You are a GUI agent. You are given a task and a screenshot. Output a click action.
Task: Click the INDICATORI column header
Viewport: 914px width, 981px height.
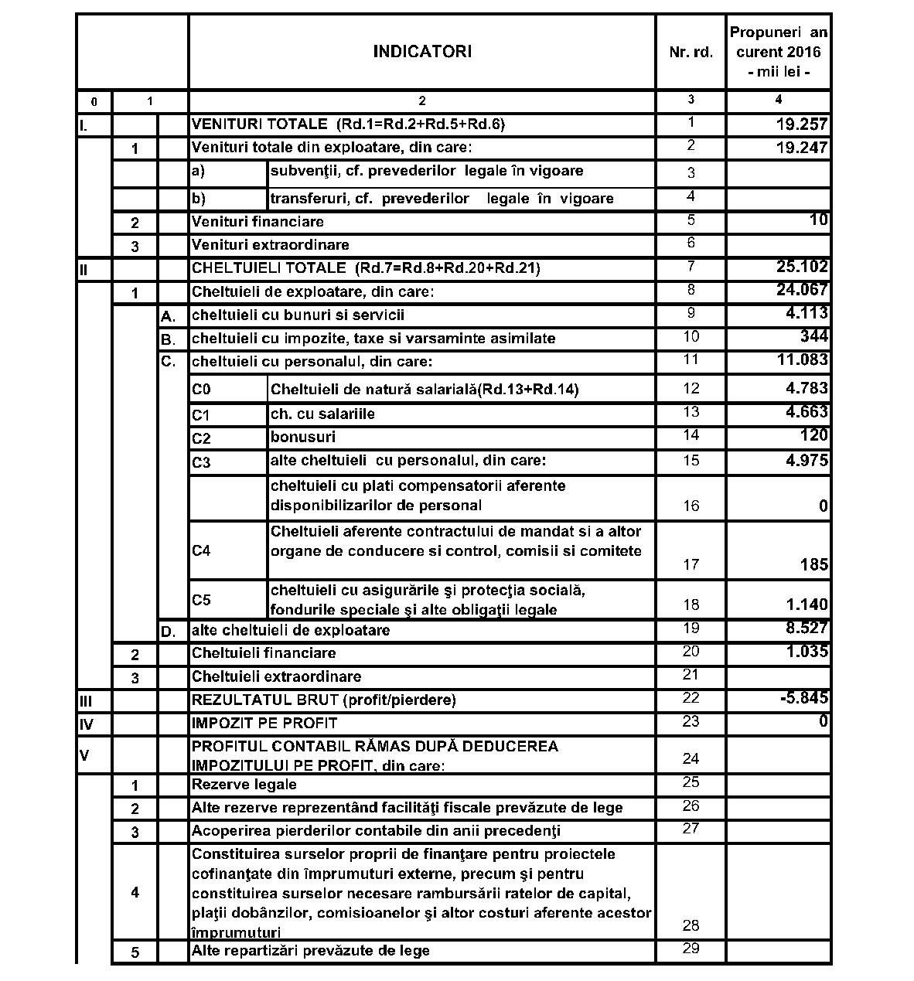(421, 52)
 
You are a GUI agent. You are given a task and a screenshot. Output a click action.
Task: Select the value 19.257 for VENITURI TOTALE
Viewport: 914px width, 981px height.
(802, 124)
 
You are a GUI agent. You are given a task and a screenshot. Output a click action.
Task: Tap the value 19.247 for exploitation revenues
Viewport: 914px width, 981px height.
(802, 148)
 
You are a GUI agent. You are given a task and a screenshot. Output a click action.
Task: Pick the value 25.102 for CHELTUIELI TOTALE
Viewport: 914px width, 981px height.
(802, 267)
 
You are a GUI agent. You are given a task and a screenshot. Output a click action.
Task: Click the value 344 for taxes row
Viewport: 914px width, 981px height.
(813, 336)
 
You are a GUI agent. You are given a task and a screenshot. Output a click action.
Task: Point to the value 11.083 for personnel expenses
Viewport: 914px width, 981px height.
(802, 360)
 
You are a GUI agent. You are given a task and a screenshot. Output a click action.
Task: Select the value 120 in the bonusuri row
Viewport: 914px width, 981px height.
(813, 435)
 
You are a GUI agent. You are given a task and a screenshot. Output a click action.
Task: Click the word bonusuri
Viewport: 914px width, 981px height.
(303, 438)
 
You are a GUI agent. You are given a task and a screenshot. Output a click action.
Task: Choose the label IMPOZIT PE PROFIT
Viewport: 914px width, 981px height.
(264, 724)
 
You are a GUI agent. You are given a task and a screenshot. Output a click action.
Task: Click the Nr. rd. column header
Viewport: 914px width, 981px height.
(691, 53)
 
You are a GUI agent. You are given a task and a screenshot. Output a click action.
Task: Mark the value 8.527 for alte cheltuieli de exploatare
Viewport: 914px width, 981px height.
(807, 628)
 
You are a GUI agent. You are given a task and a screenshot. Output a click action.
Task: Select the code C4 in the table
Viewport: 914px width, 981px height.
(201, 551)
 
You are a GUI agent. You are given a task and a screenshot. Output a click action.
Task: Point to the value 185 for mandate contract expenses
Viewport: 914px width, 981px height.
(814, 565)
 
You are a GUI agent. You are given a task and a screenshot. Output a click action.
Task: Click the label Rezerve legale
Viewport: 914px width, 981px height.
(244, 785)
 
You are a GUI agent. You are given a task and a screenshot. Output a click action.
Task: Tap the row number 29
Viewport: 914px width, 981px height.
(691, 949)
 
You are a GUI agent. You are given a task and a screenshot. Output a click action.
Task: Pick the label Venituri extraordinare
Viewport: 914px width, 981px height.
(270, 245)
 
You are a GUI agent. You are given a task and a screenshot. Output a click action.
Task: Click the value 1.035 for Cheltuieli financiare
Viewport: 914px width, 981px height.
(807, 652)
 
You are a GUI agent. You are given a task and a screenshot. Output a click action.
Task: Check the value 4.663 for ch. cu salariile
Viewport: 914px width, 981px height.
(807, 412)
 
